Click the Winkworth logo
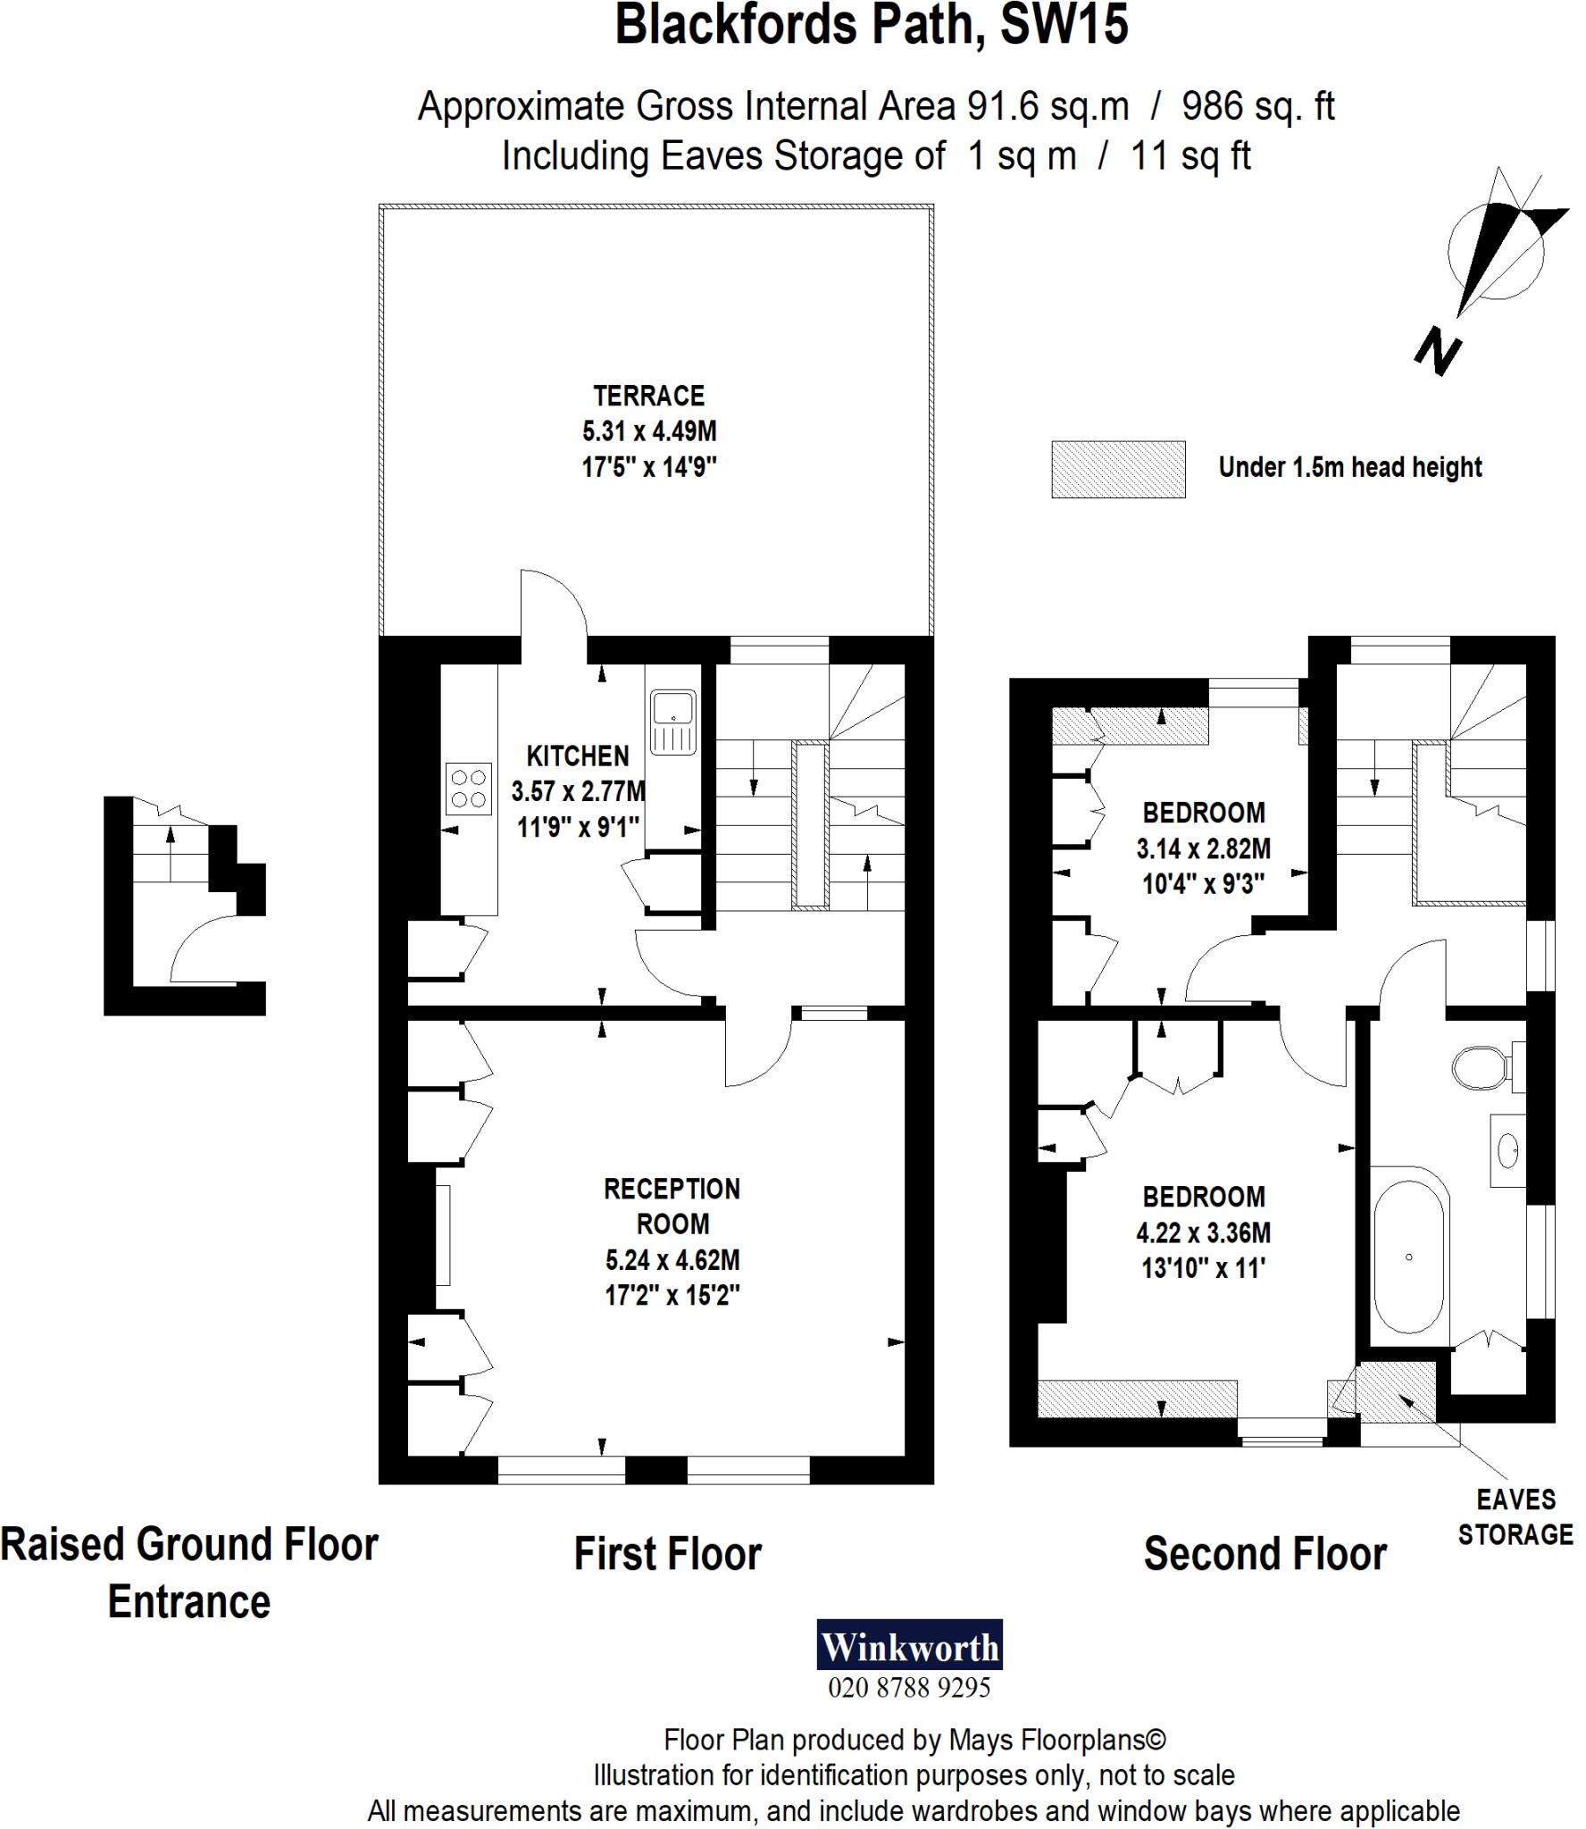point(909,1644)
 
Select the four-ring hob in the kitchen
point(469,788)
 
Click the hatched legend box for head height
point(1118,469)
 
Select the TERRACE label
point(649,396)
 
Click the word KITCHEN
point(578,756)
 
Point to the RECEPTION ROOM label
point(672,1206)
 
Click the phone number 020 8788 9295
point(909,1687)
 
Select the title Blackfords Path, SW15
point(872,25)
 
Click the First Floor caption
point(667,1554)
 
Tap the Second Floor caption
point(1265,1554)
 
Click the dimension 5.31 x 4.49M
point(649,431)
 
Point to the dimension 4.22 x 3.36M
point(1203,1232)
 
